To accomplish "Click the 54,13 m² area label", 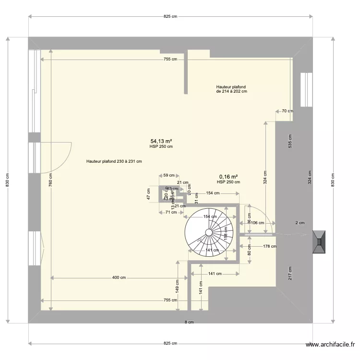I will (x=161, y=141).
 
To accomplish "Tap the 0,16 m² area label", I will (x=228, y=177).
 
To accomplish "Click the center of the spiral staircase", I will (x=209, y=232).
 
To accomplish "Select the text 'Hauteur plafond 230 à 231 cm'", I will (x=114, y=162).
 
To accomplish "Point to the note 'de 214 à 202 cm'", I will (x=231, y=91).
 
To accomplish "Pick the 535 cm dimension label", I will (x=289, y=141).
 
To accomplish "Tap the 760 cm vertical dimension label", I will (x=51, y=179).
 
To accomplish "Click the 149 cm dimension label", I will (x=177, y=287).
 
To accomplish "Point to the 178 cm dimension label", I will (x=270, y=247).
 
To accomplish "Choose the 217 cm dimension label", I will (x=289, y=273).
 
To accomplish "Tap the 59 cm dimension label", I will (x=168, y=175).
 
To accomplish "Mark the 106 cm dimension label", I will (x=258, y=223).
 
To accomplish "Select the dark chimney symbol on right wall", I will (x=319, y=242).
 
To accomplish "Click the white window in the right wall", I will (x=306, y=90).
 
